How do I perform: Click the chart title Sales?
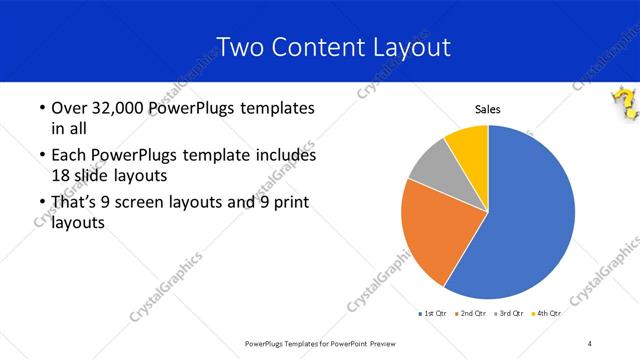click(487, 110)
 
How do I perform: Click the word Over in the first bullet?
click(66, 108)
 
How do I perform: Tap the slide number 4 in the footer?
click(590, 344)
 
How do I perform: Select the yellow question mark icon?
click(624, 103)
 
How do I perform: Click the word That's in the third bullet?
click(73, 204)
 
